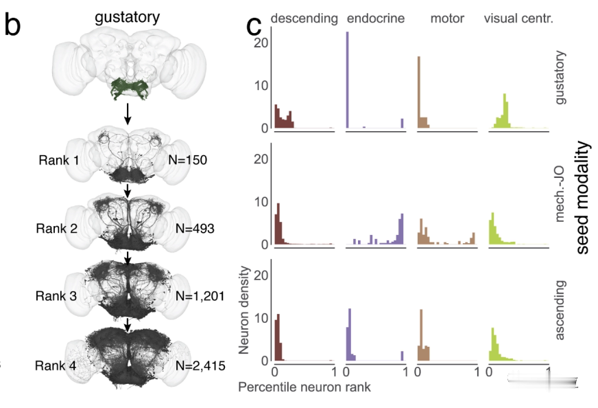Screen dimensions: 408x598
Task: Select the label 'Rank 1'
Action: point(58,161)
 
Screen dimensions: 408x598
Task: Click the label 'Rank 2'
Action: point(58,227)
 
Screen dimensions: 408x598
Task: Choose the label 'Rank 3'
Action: point(58,296)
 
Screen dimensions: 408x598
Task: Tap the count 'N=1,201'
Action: point(200,296)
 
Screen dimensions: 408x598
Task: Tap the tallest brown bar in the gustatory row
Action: point(418,92)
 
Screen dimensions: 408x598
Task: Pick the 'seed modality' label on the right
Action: point(582,198)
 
